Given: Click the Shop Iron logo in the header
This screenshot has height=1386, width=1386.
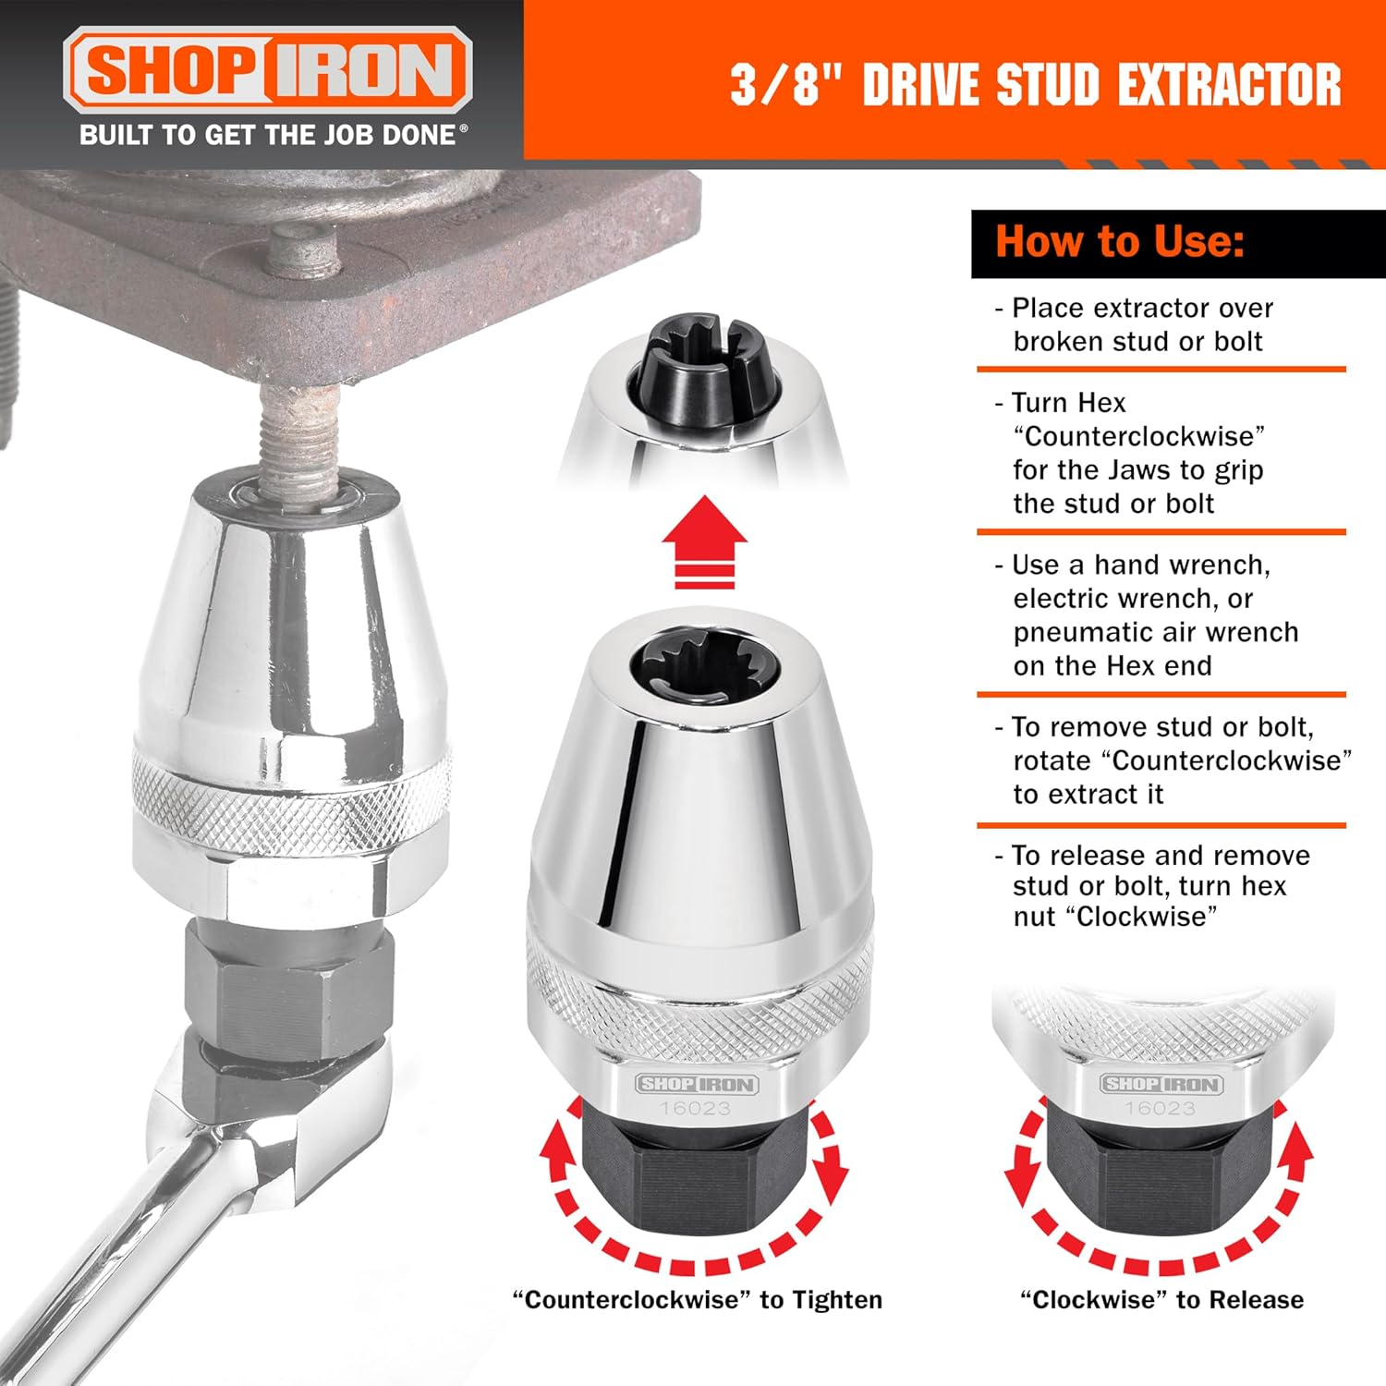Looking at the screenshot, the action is tap(268, 70).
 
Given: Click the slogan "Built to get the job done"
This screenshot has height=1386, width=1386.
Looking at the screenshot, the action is tap(274, 135).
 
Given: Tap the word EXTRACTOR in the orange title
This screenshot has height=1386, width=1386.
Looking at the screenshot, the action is tap(1229, 85).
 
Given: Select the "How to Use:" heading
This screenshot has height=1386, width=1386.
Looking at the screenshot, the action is tap(1120, 242).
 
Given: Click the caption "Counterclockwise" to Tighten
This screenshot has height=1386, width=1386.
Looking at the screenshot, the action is tap(698, 1300).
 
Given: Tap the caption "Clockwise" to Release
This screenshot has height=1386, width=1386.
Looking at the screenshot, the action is tap(1161, 1300).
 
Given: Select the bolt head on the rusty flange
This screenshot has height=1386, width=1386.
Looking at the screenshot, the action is tap(304, 249).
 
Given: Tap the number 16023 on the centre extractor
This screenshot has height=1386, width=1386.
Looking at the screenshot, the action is tap(695, 1108).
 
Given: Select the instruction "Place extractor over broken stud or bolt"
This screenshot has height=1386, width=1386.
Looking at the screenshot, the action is tap(1134, 324).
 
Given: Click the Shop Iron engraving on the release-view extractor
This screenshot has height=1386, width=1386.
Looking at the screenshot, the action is tap(1161, 1084).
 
